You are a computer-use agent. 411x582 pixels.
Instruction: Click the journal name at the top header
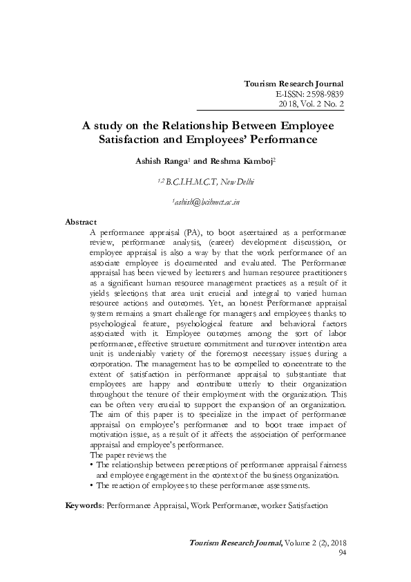click(x=294, y=84)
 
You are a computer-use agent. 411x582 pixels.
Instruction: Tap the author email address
click(x=206, y=202)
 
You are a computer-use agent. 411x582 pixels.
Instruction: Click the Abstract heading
click(x=80, y=222)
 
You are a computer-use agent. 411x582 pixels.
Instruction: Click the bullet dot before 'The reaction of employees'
click(x=92, y=485)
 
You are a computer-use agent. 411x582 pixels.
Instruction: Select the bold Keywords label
click(x=84, y=505)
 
